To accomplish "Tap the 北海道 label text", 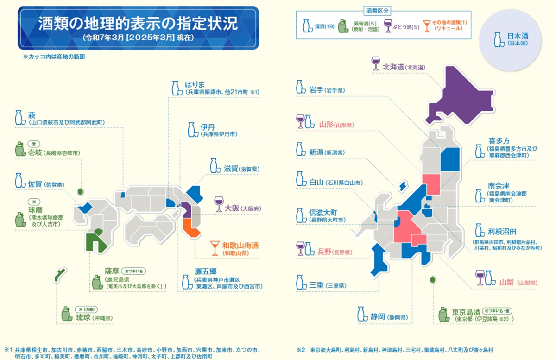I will click(393, 67).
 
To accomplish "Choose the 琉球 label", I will click(84, 318).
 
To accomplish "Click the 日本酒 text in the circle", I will click(518, 36).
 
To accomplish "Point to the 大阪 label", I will click(232, 208).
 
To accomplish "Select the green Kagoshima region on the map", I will click(99, 240).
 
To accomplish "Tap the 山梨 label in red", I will click(507, 282).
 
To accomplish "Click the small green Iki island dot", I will click(81, 191).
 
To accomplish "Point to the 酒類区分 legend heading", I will click(377, 10).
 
